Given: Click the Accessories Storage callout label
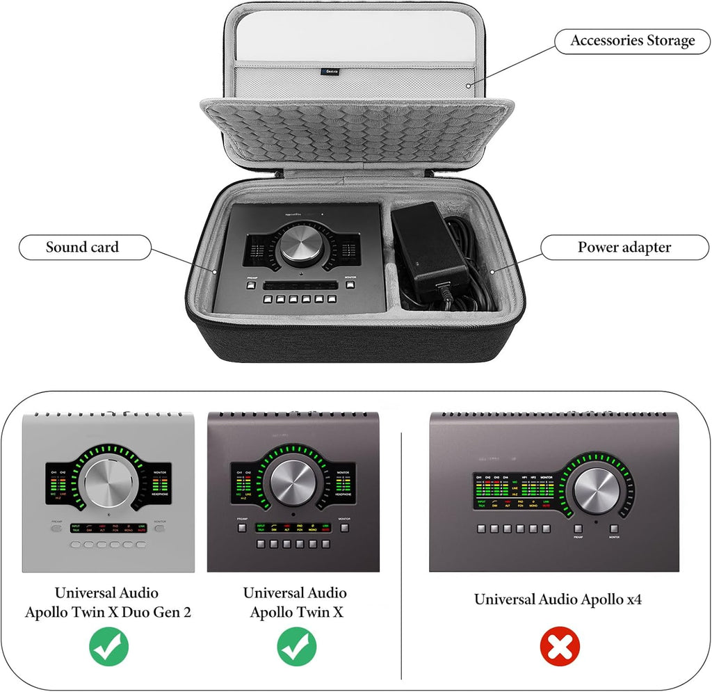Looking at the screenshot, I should point(632,41).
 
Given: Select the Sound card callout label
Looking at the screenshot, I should point(82,247).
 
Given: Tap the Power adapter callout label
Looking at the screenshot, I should point(624,247).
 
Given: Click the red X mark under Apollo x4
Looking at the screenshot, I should point(560,648).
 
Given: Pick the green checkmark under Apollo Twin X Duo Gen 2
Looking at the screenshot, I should point(108,647).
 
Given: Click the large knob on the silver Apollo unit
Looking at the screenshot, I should point(108,485).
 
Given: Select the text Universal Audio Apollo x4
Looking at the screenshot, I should point(558,600).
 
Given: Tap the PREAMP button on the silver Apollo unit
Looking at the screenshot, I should point(56,528).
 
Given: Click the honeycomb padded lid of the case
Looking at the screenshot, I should point(357,132).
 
